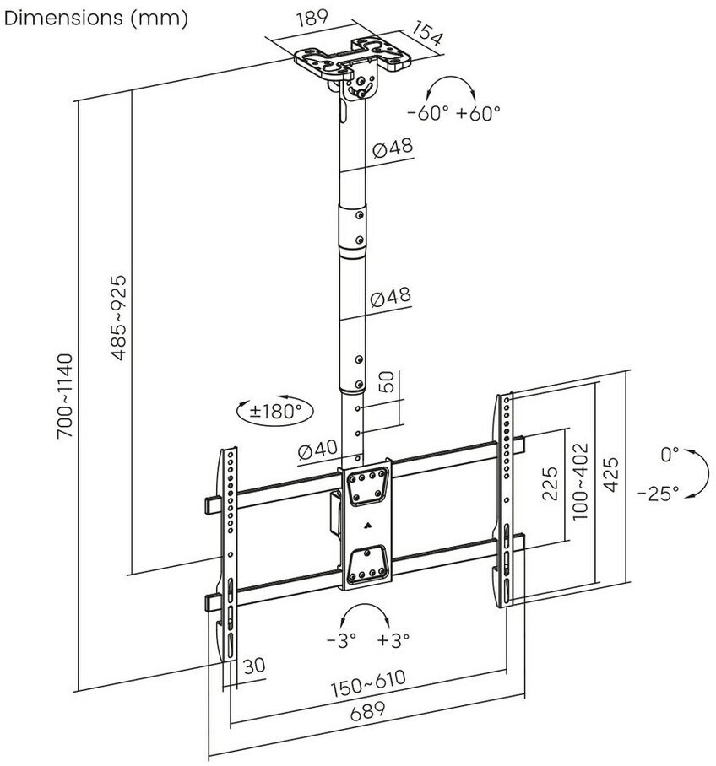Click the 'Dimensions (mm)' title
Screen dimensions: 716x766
(96, 19)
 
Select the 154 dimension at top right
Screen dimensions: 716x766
(426, 33)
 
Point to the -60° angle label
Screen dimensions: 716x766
(428, 113)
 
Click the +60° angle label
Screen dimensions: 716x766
(478, 113)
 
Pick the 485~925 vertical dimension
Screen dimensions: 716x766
(119, 317)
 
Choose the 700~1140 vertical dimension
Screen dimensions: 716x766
(65, 396)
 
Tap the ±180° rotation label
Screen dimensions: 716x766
(274, 412)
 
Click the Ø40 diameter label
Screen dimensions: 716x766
(318, 450)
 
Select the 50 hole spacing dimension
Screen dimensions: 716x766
(387, 381)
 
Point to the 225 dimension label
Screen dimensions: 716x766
(551, 483)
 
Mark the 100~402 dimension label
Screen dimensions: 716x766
(579, 481)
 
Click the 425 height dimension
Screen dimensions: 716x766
(610, 474)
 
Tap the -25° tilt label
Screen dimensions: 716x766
(659, 493)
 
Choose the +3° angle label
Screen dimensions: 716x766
(393, 639)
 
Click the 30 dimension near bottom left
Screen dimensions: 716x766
(254, 666)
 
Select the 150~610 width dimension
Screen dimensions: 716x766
(369, 683)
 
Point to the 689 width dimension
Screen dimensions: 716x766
(368, 711)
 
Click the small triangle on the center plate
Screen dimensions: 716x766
(368, 526)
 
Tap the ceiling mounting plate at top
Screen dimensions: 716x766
(353, 57)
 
